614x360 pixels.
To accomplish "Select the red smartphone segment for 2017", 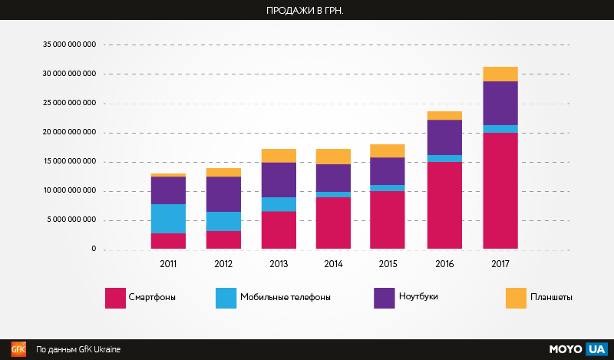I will (x=500, y=191).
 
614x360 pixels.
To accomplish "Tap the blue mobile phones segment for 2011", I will (x=168, y=219).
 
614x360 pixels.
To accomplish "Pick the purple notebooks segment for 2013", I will (x=279, y=180).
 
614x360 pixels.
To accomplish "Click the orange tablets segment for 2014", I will (x=333, y=157).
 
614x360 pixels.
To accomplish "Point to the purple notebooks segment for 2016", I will (x=444, y=137).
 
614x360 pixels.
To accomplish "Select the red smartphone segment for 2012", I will (x=223, y=239).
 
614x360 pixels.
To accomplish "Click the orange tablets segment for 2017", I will (x=500, y=74).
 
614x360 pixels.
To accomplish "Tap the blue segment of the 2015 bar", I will (x=388, y=188).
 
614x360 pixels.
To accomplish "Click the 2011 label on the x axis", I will (x=168, y=263).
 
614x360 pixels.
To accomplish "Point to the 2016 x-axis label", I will (x=444, y=263).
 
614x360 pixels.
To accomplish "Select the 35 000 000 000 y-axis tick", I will (x=70, y=45).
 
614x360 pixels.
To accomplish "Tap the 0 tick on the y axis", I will (x=94, y=249).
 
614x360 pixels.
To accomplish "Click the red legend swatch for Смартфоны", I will (x=115, y=298).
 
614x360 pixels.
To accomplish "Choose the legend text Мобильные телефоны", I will (x=286, y=297).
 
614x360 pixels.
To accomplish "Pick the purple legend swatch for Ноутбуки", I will (x=384, y=298).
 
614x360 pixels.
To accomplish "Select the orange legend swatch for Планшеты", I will (x=516, y=298).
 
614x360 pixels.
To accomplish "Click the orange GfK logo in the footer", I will (x=18, y=349).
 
